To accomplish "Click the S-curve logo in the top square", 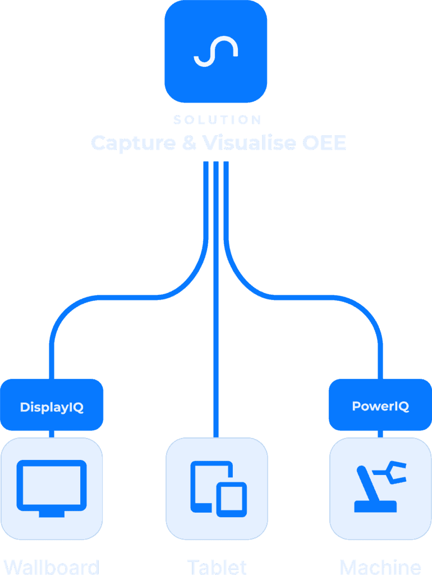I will (x=215, y=52).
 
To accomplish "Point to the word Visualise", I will (x=249, y=143).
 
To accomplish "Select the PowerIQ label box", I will (x=380, y=405).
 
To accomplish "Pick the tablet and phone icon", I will (x=217, y=487).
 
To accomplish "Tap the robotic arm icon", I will (x=379, y=486).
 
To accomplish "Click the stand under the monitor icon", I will (x=52, y=513).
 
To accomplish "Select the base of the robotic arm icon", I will (x=375, y=506).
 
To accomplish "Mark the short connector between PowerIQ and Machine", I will (x=380, y=433).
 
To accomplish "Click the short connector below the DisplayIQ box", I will (x=52, y=434).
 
